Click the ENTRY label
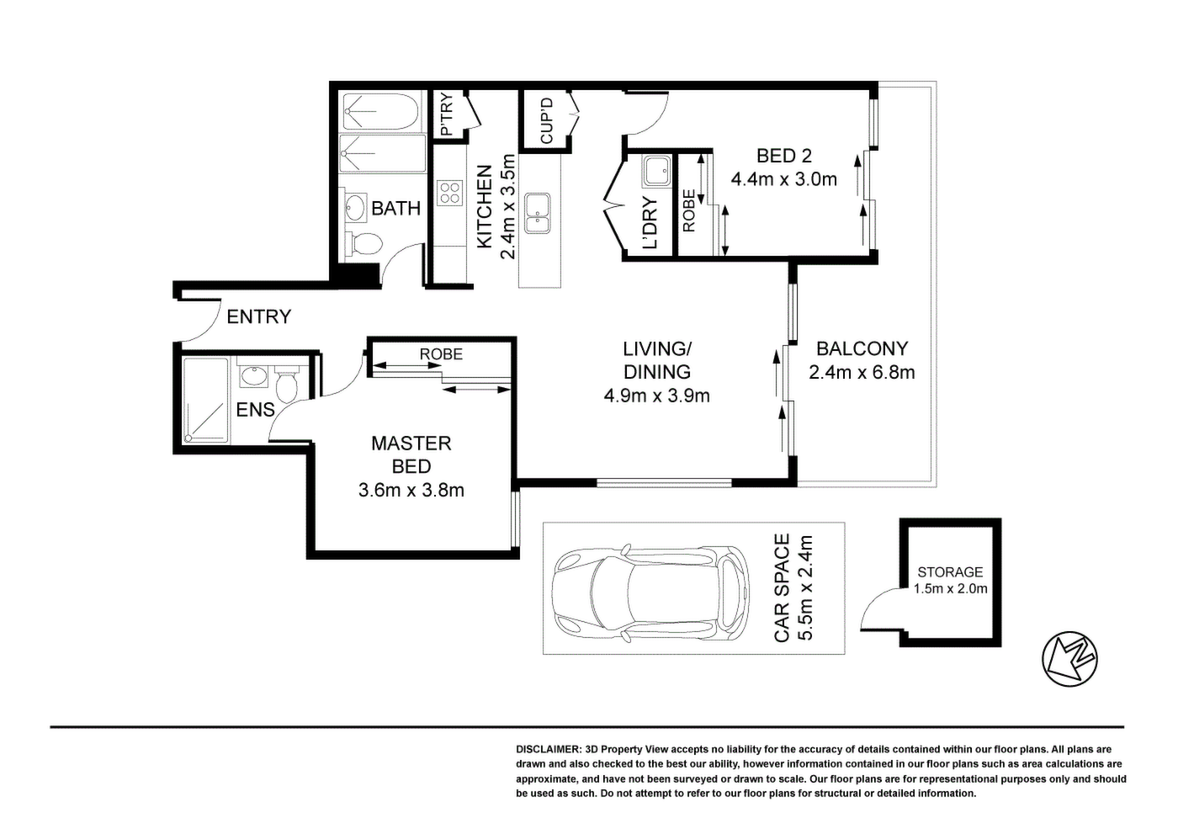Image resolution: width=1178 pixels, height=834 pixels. pyautogui.click(x=259, y=316)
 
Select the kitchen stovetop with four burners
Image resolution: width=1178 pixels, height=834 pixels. pyautogui.click(x=450, y=192)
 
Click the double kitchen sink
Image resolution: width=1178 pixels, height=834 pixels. pyautogui.click(x=538, y=214)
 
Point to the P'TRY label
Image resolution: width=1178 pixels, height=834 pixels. pyautogui.click(x=447, y=114)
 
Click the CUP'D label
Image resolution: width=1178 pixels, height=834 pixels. pyautogui.click(x=546, y=121)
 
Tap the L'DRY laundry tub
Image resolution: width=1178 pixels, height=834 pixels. pyautogui.click(x=655, y=172)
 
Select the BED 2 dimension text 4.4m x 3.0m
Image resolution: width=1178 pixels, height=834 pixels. pyautogui.click(x=783, y=179)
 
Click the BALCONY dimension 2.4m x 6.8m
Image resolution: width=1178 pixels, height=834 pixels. pyautogui.click(x=862, y=372)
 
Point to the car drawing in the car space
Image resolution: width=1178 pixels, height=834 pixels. pyautogui.click(x=650, y=593)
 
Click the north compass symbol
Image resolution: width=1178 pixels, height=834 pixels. pyautogui.click(x=1069, y=658)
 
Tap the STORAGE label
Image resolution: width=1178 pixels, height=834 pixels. pyautogui.click(x=950, y=571)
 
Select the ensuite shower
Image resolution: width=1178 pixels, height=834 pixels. pyautogui.click(x=205, y=401)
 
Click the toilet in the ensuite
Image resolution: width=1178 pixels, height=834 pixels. pyautogui.click(x=287, y=385)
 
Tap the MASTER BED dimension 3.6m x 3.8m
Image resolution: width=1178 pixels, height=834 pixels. pyautogui.click(x=411, y=490)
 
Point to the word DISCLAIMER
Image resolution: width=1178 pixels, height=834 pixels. pyautogui.click(x=548, y=749)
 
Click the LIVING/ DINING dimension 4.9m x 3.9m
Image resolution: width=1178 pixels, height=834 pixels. pyautogui.click(x=657, y=396)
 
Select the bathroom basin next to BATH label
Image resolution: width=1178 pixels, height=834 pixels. pyautogui.click(x=356, y=208)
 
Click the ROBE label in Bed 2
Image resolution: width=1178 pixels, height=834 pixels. pyautogui.click(x=689, y=211)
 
